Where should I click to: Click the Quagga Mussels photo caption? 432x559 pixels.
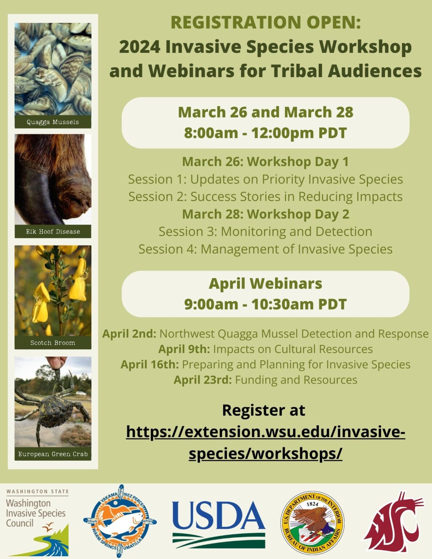[53, 122]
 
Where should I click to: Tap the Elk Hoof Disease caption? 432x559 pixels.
[53, 231]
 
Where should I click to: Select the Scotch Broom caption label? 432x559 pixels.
[53, 343]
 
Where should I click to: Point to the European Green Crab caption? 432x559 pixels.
[53, 454]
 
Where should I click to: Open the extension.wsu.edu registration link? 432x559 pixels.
[265, 443]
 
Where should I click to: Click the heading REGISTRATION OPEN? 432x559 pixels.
[265, 23]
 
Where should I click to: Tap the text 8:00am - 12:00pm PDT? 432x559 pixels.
[265, 133]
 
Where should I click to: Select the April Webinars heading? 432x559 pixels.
[265, 284]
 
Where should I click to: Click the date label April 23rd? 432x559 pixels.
[203, 380]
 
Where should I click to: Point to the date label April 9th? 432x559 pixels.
[184, 349]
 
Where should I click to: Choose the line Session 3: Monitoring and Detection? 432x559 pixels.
[265, 231]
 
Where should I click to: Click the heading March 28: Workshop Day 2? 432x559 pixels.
[265, 214]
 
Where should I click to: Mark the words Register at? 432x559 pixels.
[263, 410]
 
